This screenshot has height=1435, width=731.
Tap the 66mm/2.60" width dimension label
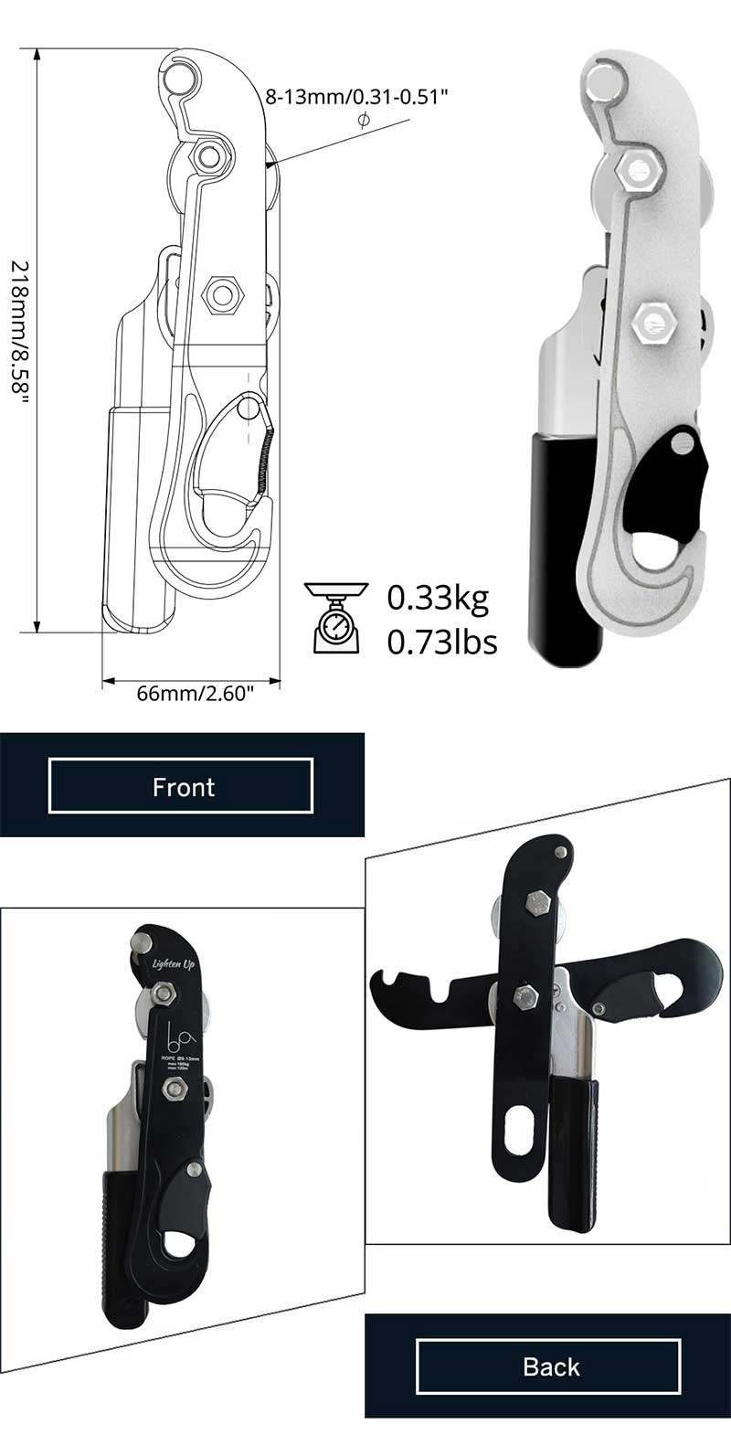click(194, 693)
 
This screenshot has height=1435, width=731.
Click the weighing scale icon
click(336, 618)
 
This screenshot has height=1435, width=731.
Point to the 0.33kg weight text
click(438, 598)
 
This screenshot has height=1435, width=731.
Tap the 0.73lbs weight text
click(442, 642)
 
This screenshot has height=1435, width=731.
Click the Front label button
click(183, 786)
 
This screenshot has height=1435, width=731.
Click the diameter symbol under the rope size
click(364, 122)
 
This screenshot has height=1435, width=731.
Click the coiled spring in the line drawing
click(266, 462)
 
